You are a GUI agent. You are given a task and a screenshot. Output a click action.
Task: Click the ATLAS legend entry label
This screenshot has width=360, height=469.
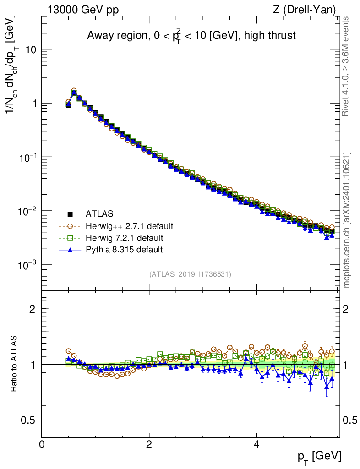(99, 213)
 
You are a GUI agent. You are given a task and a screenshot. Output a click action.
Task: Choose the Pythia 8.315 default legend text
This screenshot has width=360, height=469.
(124, 250)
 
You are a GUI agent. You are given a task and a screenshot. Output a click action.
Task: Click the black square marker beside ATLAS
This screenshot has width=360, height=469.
(70, 213)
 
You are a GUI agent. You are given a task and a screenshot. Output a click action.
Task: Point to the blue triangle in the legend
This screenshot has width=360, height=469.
(70, 250)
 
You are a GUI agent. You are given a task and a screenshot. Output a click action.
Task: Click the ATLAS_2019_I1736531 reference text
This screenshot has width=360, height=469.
(190, 274)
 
